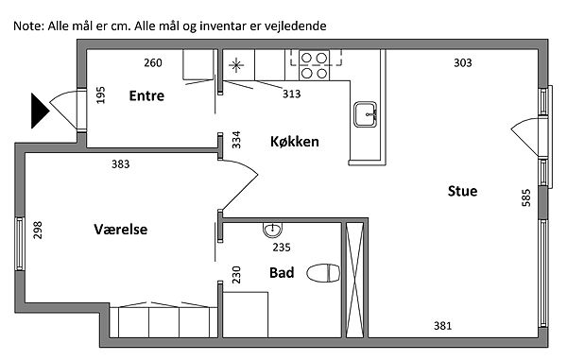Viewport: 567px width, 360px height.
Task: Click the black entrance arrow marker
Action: [40, 111]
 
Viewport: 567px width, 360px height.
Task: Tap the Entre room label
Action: [146, 95]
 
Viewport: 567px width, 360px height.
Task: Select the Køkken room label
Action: [295, 142]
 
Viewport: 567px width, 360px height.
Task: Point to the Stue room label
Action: [462, 191]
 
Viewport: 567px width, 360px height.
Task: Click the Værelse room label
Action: [121, 230]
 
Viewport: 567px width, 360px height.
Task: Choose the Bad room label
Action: [282, 272]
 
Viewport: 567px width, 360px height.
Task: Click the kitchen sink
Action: [365, 114]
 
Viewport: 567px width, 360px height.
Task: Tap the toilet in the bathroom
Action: [323, 273]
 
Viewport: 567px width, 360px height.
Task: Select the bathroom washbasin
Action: [273, 230]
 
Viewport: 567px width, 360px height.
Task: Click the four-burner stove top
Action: [314, 65]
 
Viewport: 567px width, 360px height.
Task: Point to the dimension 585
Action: [526, 197]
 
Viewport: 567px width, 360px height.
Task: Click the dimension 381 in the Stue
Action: [442, 326]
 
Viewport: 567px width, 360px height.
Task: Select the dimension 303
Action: [463, 63]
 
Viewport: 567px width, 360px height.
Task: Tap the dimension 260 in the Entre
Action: [153, 63]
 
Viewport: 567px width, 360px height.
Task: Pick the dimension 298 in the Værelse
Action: [38, 231]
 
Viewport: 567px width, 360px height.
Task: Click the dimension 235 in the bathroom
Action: [282, 248]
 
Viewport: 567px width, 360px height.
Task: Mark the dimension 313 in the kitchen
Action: [291, 94]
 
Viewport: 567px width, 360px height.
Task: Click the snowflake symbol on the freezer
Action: [236, 65]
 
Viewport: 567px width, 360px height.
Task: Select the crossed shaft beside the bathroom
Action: [354, 280]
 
